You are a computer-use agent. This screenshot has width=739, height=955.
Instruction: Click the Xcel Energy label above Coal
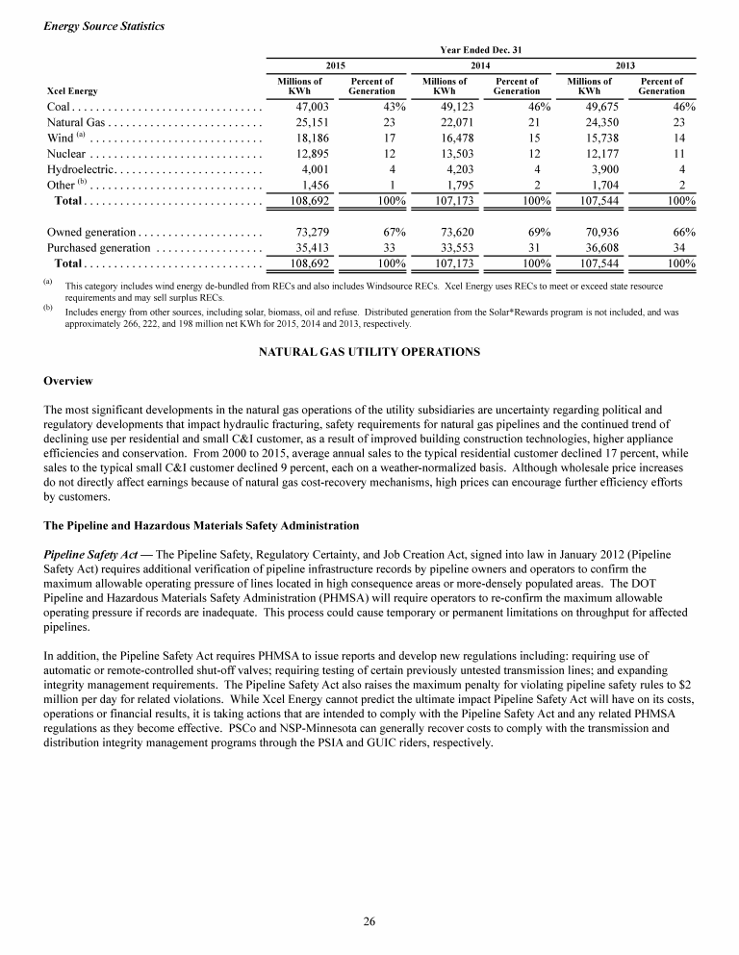point(71,91)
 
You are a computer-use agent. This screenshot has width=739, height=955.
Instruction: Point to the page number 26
point(369,922)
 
